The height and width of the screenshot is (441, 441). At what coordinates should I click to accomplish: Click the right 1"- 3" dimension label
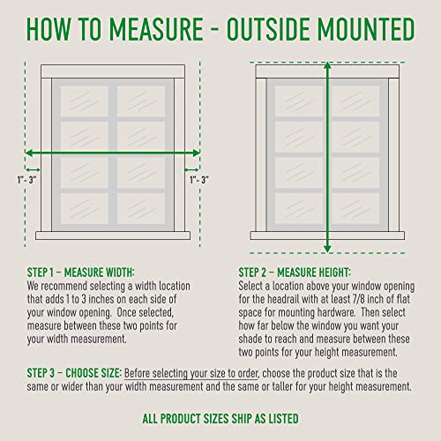coord(198,179)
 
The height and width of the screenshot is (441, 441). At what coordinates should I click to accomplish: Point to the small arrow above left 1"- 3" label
coord(34,167)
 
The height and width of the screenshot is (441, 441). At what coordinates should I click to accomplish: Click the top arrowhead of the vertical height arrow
coord(328,67)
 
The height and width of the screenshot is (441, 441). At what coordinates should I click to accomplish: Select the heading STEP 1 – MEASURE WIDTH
coord(86,273)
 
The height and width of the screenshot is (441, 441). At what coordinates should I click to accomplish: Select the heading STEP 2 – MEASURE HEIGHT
coord(295,273)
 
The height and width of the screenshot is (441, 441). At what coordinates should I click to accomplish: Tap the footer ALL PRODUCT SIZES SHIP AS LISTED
coord(220,417)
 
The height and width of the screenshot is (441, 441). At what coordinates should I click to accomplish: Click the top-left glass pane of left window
coord(82,100)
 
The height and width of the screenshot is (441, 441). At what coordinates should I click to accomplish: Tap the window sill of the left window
coord(113,235)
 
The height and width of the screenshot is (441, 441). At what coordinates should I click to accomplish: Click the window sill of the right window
coord(328,235)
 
